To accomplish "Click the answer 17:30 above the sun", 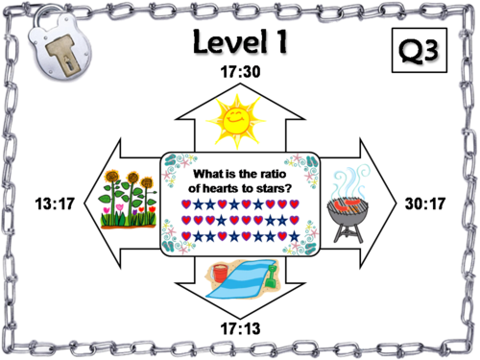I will [240, 71].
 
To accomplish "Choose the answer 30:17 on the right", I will [426, 204].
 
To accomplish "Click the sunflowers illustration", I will [130, 202].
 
